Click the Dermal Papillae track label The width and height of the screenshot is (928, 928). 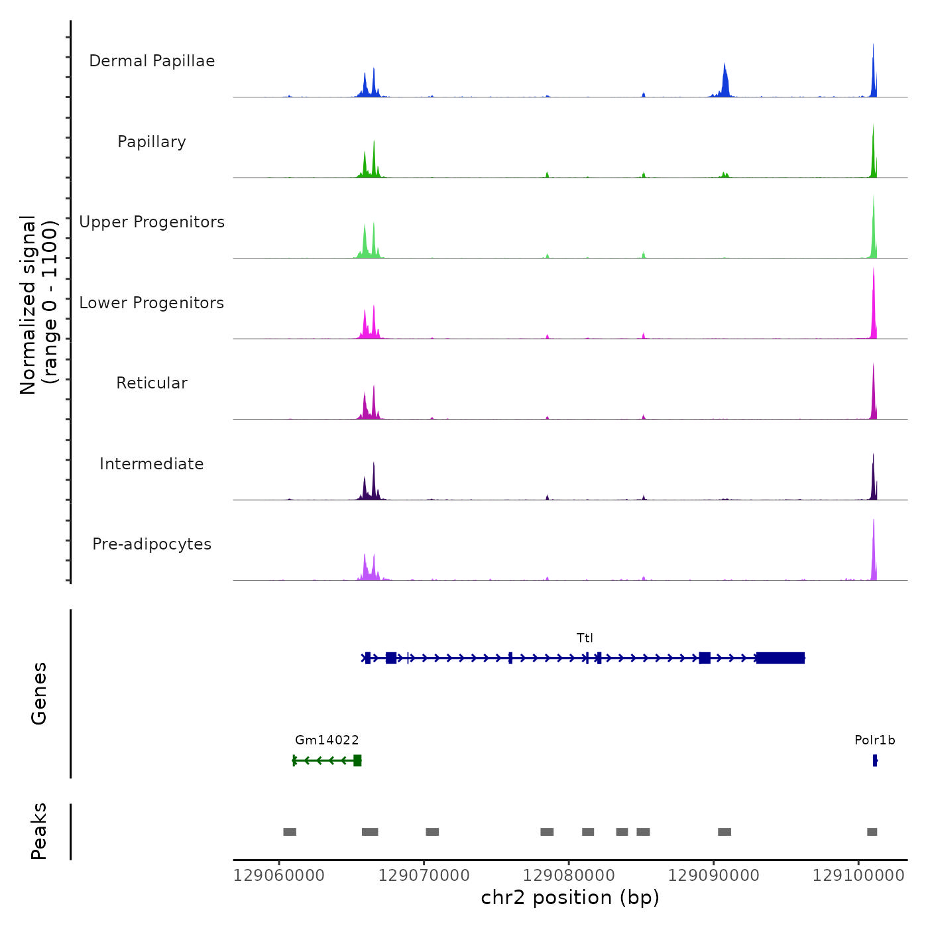[x=152, y=61]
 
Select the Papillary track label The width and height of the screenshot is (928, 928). [x=152, y=142]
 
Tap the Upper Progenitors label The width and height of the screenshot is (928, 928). [x=152, y=222]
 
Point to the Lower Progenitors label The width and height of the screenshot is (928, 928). [x=152, y=303]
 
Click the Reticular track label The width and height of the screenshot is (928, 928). [x=152, y=383]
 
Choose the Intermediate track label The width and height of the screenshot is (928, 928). [x=152, y=464]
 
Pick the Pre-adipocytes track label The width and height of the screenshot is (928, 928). [x=152, y=544]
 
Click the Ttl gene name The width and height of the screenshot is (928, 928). [x=585, y=638]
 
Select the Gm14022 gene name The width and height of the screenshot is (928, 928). [x=327, y=740]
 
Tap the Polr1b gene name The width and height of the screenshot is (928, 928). [x=874, y=740]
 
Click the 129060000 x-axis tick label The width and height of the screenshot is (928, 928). [x=279, y=876]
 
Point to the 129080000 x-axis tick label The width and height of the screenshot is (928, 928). [x=569, y=876]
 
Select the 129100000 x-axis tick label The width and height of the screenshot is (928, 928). [x=858, y=876]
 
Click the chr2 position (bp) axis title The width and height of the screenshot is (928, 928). [x=570, y=898]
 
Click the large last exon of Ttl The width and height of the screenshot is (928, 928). [x=780, y=658]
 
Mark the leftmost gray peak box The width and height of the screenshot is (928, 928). [x=290, y=832]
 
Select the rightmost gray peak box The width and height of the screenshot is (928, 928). [x=872, y=832]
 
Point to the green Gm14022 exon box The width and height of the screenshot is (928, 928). [x=357, y=760]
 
